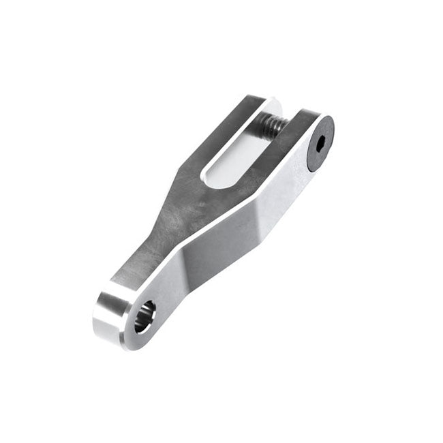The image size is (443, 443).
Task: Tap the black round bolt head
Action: [319, 143]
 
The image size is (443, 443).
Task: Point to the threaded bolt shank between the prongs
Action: [273, 126]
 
